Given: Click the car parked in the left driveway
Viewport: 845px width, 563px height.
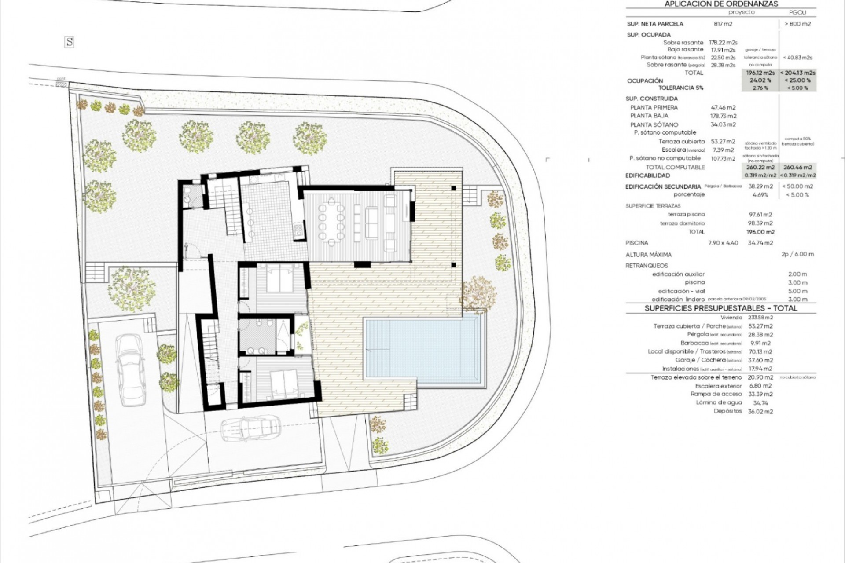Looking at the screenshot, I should (x=130, y=369).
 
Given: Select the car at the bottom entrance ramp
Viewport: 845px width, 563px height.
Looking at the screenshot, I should (x=250, y=428).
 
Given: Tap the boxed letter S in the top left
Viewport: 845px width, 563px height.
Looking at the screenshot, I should (x=69, y=42).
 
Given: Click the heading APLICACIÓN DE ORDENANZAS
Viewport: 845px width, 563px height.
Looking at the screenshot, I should (x=721, y=4).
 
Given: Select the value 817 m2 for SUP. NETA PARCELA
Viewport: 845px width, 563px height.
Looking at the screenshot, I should (x=723, y=24).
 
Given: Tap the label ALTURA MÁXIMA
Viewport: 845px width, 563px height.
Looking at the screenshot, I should (x=648, y=255).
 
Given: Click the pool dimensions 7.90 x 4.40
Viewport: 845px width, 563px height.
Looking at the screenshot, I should (x=723, y=243).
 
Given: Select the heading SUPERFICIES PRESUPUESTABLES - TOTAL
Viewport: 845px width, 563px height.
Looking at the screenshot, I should (x=721, y=308).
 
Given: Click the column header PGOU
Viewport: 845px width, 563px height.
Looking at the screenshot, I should (x=797, y=13).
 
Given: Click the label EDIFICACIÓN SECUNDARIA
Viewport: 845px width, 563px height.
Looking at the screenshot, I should (x=663, y=186).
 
